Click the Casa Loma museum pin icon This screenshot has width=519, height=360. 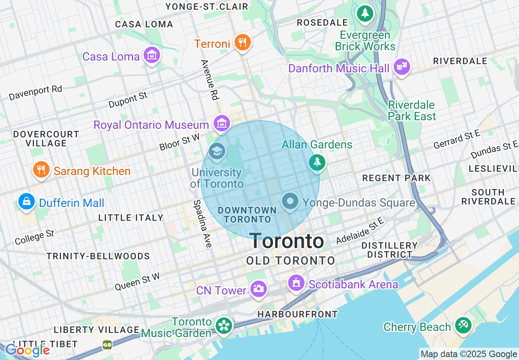click(152, 56)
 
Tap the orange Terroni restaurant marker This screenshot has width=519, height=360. click(242, 42)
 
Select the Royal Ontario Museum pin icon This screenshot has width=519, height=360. click(221, 123)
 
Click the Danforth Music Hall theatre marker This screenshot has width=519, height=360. click(402, 67)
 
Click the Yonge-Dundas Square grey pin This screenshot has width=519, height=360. click(291, 201)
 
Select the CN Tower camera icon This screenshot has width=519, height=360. click(258, 289)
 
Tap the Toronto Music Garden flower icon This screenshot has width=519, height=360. click(224, 326)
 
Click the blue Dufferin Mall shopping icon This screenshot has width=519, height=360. click(27, 202)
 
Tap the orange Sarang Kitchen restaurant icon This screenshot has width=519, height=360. click(41, 170)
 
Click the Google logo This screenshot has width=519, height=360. click(28, 350)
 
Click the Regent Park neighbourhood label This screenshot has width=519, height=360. click(396, 178)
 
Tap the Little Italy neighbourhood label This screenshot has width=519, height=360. click(131, 218)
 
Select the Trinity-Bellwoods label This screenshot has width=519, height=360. click(98, 256)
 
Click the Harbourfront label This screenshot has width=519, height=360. click(298, 314)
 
